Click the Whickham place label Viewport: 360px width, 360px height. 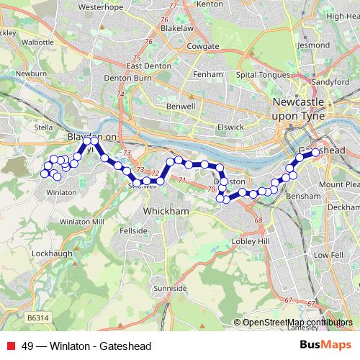click(x=166, y=210)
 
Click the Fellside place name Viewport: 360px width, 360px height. click(x=133, y=231)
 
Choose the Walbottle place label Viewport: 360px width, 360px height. click(x=39, y=42)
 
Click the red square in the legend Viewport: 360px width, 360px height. click(x=10, y=346)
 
